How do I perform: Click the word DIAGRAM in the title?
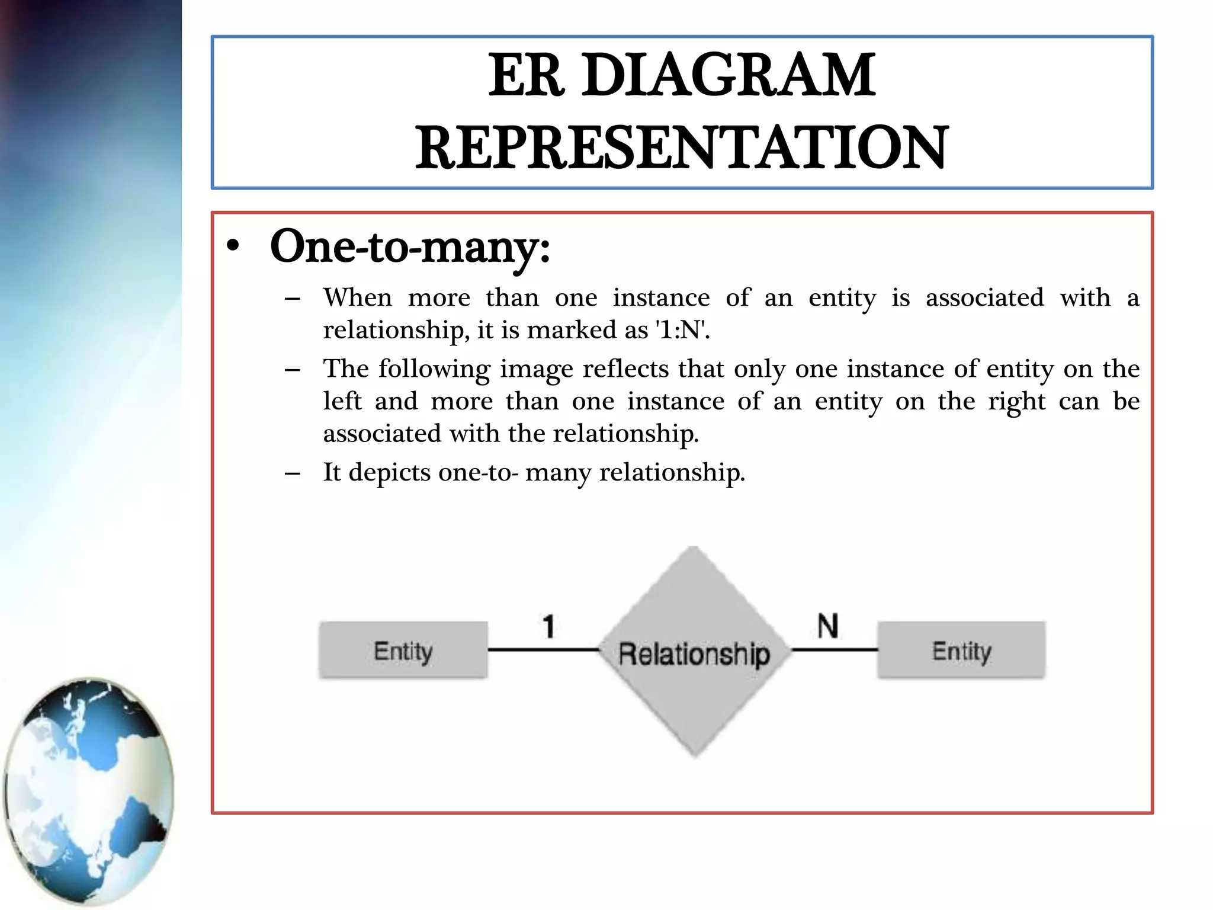(728, 75)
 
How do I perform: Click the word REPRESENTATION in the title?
(682, 148)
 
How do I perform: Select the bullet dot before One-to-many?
(233, 246)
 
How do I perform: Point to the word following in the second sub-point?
(434, 369)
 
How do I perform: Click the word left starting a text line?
(342, 401)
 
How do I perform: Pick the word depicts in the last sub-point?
(389, 473)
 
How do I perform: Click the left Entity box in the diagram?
(403, 650)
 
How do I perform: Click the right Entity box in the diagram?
(961, 650)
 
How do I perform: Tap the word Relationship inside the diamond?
(694, 654)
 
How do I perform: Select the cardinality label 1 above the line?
(548, 626)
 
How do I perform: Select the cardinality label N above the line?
(827, 626)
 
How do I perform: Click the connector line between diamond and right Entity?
(834, 650)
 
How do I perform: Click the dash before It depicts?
(292, 473)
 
